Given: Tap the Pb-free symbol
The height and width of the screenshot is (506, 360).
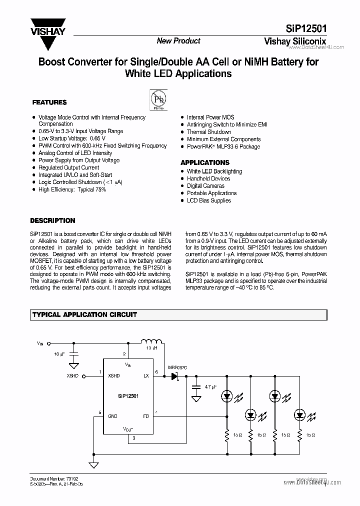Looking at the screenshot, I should [159, 98].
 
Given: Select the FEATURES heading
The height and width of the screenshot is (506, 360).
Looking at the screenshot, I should [49, 102].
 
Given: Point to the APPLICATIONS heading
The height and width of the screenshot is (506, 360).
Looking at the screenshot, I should [204, 162].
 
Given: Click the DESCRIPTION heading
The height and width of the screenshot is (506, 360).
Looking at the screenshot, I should [52, 220].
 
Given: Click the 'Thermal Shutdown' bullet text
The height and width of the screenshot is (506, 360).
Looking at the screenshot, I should [209, 132].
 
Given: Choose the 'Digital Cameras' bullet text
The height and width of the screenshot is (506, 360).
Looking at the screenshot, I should [205, 186].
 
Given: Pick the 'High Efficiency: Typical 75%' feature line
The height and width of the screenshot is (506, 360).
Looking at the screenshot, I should [72, 190].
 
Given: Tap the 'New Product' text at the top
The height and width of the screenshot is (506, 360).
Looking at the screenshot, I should [178, 41].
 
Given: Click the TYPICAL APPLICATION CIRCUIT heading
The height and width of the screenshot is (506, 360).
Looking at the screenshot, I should [84, 315].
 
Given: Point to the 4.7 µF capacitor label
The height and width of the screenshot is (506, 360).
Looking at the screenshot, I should [210, 386].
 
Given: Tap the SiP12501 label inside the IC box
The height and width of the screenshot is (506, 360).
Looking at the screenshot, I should [128, 395].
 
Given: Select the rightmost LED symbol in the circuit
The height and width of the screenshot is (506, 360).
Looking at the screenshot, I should [300, 414].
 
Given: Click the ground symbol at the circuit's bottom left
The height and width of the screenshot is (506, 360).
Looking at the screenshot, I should [93, 464].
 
